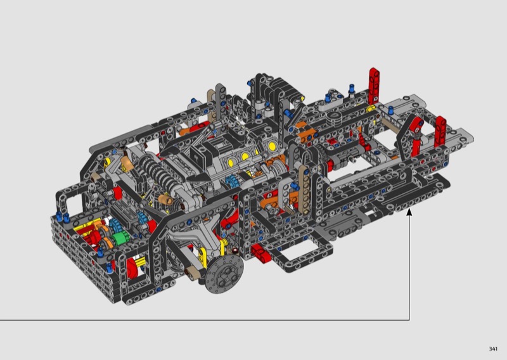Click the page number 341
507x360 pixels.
click(493, 349)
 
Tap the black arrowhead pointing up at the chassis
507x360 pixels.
click(409, 212)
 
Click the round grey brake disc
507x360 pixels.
click(224, 274)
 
